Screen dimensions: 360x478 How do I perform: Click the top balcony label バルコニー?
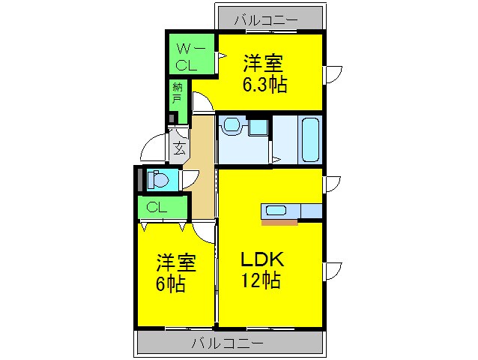pos(264,19)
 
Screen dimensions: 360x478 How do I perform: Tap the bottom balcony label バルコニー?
pos(226,344)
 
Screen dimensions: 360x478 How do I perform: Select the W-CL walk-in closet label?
pos(187,56)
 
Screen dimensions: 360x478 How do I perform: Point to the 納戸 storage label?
pos(177,91)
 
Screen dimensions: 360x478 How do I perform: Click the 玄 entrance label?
pos(179,148)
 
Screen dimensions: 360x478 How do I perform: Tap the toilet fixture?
pos(158,180)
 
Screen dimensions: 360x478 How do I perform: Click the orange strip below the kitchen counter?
pos(279,222)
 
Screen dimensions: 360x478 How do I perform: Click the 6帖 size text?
pos(171,284)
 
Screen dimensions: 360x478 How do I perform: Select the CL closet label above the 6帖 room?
pos(156,207)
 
